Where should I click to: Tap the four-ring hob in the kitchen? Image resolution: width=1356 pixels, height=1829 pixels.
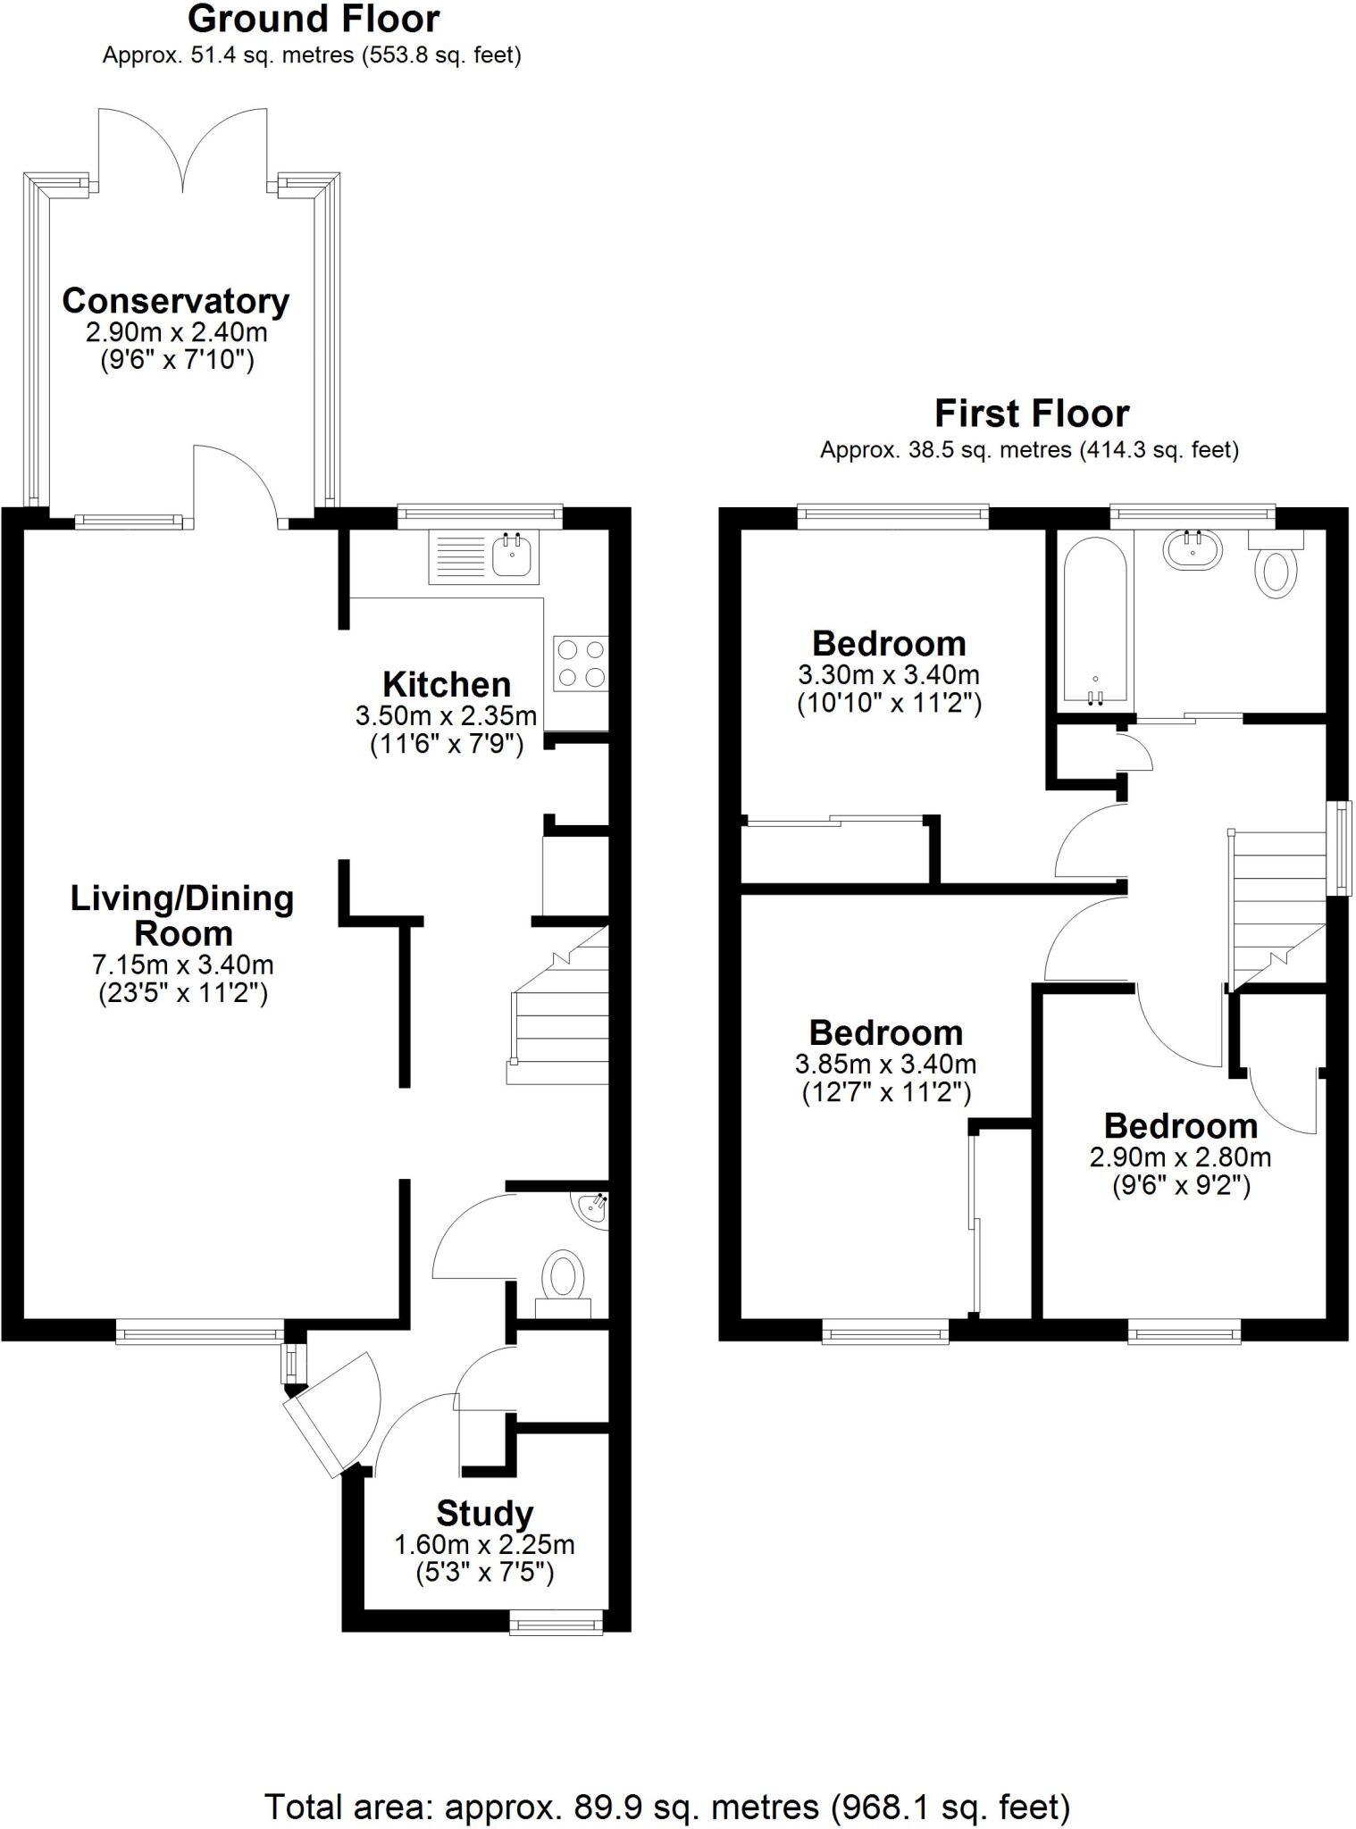pyautogui.click(x=581, y=664)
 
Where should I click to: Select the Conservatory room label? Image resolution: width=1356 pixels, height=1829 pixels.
pyautogui.click(x=176, y=302)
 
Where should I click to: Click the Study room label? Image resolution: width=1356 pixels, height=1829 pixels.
pyautogui.click(x=485, y=1513)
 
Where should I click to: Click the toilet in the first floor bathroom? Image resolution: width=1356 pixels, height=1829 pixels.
pyautogui.click(x=1276, y=572)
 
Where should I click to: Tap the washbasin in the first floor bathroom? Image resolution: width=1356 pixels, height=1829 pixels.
pyautogui.click(x=1193, y=548)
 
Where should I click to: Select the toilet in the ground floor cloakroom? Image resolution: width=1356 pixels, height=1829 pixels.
pyautogui.click(x=563, y=1279)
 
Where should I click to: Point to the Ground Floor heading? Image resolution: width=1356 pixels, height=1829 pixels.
pyautogui.click(x=314, y=20)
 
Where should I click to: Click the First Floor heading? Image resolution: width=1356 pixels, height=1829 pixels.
pyautogui.click(x=1031, y=414)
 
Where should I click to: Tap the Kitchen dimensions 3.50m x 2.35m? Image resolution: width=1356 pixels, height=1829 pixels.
pyautogui.click(x=446, y=715)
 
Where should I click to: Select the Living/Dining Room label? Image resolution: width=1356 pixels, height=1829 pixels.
pyautogui.click(x=182, y=915)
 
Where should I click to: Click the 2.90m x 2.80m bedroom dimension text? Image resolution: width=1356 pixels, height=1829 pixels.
pyautogui.click(x=1180, y=1157)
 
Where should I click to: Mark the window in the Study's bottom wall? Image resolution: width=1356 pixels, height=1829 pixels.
pyautogui.click(x=556, y=1622)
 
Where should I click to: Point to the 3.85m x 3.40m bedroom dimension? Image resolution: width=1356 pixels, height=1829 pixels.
pyautogui.click(x=885, y=1064)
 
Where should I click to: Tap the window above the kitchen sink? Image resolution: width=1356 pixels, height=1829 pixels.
pyautogui.click(x=480, y=513)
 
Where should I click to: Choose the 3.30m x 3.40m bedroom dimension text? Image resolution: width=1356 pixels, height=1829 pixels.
pyautogui.click(x=888, y=674)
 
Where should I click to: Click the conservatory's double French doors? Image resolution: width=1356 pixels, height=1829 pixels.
pyautogui.click(x=182, y=147)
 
